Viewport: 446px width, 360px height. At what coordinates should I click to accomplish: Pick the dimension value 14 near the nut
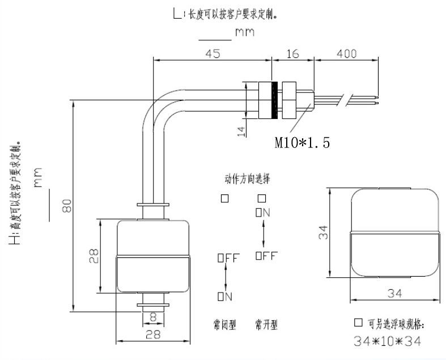tap(240, 132)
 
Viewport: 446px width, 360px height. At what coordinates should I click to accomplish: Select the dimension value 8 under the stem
tap(152, 317)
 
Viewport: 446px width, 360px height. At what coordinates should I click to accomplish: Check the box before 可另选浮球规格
tap(358, 323)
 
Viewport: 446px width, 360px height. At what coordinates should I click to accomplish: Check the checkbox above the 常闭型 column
tap(225, 198)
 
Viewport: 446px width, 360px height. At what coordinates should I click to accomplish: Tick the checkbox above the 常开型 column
tap(261, 198)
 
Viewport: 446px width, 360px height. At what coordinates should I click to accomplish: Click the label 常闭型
tap(225, 325)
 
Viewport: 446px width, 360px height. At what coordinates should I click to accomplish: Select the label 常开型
tap(266, 325)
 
